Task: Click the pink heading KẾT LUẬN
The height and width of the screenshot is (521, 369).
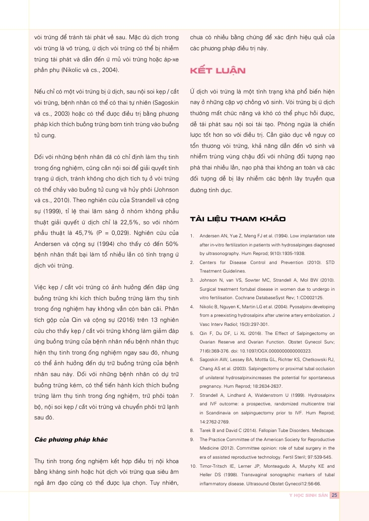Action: point(217,70)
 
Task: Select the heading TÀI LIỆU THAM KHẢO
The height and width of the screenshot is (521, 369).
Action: point(237,219)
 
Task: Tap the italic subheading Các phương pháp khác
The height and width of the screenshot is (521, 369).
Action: point(70,439)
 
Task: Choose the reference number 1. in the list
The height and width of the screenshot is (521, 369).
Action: point(192,236)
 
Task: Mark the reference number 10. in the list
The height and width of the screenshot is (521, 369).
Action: point(193,465)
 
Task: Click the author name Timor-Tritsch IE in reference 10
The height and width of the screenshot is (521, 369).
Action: point(219,465)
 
